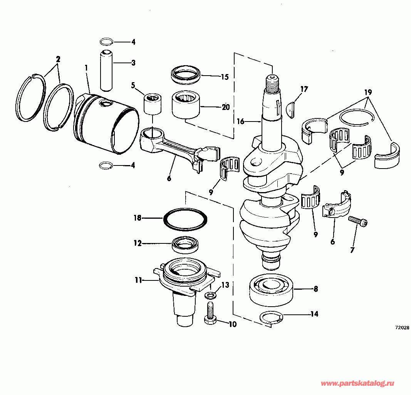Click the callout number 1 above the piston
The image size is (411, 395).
tap(87, 68)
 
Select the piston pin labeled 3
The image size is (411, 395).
tap(106, 68)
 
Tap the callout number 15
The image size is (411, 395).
tap(225, 77)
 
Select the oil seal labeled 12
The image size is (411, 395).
tap(186, 244)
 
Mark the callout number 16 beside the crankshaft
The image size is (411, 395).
tap(240, 121)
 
